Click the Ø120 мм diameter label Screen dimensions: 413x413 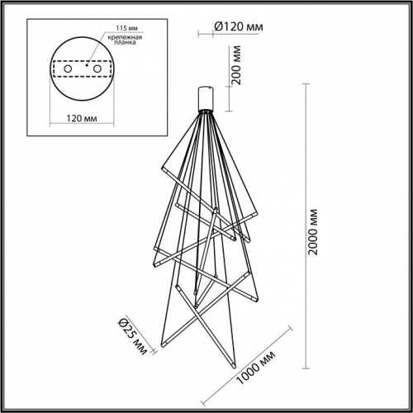click(239, 27)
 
